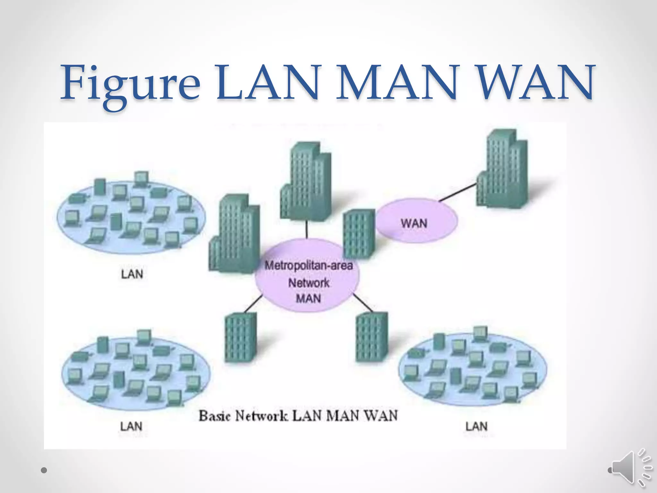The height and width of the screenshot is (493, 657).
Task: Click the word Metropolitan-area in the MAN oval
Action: [x=308, y=265]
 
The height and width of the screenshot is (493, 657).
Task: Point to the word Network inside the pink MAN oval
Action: [x=308, y=283]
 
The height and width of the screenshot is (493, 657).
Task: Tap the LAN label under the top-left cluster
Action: [x=132, y=274]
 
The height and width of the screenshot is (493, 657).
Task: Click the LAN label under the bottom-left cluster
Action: [x=131, y=426]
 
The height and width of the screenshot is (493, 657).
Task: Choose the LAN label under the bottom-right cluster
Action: [x=476, y=426]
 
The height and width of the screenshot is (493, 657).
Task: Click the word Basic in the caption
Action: [x=214, y=416]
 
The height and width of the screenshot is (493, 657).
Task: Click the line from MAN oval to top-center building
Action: [x=307, y=229]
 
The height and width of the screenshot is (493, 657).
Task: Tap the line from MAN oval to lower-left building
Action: [x=253, y=304]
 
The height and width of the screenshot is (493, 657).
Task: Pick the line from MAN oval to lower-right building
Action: [x=363, y=302]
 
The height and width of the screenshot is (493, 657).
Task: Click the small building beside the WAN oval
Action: [x=359, y=233]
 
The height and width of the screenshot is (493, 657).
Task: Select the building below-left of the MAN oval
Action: [x=241, y=337]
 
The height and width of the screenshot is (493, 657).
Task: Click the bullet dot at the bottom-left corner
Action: [x=44, y=470]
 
